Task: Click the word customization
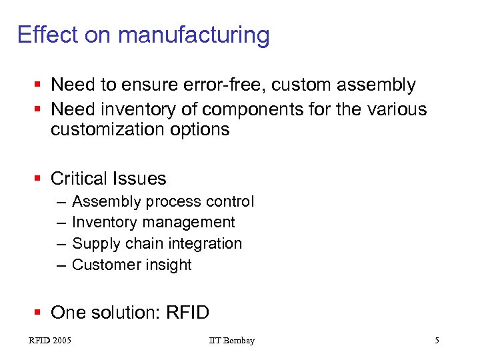(107, 129)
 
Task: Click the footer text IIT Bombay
(231, 341)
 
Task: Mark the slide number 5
(437, 341)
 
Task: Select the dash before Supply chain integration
(61, 244)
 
